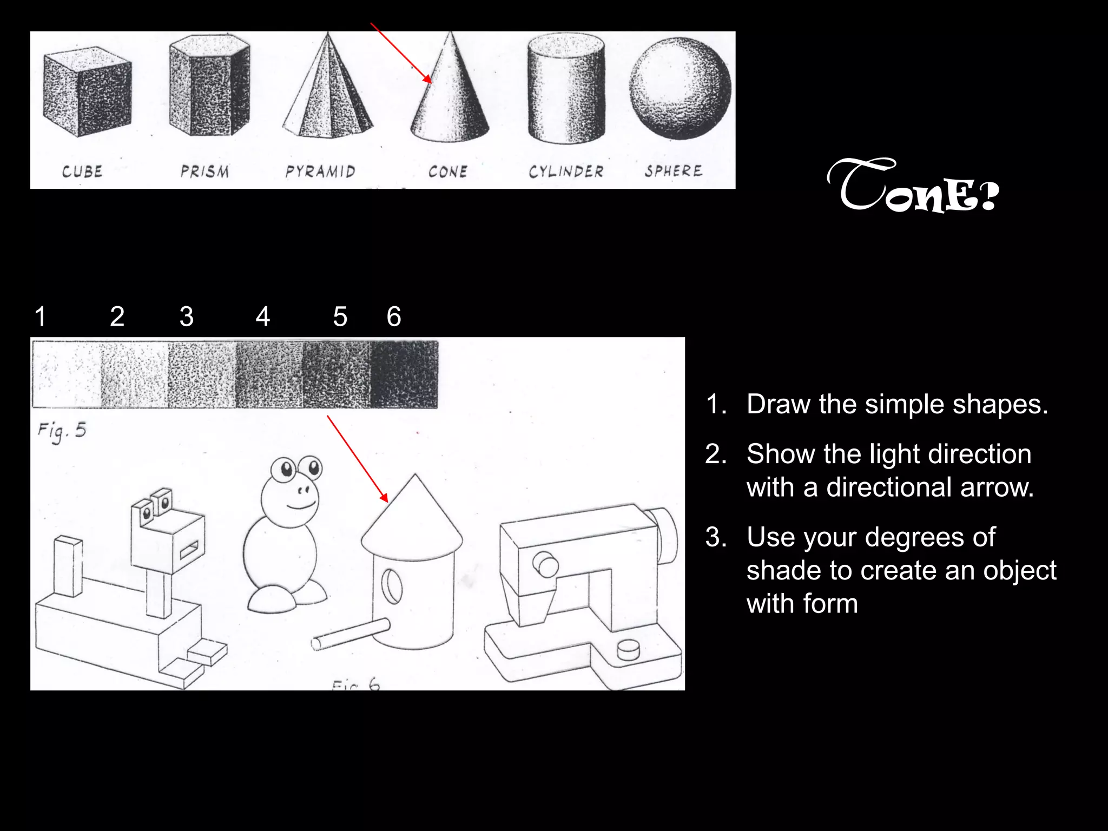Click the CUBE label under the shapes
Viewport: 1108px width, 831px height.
click(82, 172)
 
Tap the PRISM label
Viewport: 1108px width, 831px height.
click(205, 172)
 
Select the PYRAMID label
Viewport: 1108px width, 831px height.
click(320, 172)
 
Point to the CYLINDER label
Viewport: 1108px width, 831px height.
click(566, 172)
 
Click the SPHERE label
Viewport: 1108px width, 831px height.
click(673, 171)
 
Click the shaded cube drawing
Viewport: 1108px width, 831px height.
click(87, 95)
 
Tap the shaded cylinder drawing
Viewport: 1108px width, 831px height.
click(566, 89)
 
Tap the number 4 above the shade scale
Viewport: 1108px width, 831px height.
click(263, 316)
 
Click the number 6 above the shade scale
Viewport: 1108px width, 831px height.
click(394, 316)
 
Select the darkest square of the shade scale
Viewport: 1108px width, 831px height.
click(404, 374)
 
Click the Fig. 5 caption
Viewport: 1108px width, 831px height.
click(62, 431)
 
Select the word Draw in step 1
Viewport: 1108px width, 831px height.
click(777, 404)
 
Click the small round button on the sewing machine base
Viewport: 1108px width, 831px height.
click(628, 649)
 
